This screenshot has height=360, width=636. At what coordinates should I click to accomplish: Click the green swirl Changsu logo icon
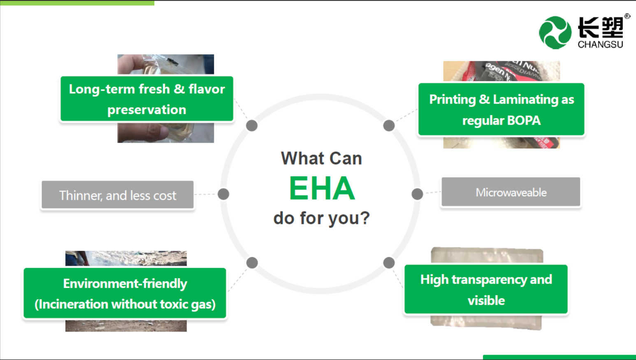point(555,33)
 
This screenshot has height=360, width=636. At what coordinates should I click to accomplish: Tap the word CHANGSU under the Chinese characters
point(600,44)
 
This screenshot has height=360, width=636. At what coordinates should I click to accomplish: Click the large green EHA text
point(322,188)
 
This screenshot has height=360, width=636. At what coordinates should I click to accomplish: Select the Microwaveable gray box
point(511,192)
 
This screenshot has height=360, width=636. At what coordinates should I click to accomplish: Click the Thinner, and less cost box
point(118,195)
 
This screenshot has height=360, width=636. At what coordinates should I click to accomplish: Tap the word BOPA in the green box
point(524,121)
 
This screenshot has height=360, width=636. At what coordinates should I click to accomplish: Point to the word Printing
point(452,100)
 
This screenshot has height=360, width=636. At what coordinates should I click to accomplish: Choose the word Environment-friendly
point(125,283)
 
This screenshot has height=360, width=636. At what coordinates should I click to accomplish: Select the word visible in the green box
point(486,300)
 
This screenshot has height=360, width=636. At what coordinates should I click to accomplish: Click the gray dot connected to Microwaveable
point(417,194)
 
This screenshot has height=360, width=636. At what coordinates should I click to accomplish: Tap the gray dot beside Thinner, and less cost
point(223,194)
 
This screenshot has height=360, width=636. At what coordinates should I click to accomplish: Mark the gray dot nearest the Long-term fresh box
point(252,125)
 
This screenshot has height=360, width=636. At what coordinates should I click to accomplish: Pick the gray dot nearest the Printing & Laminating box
point(389,125)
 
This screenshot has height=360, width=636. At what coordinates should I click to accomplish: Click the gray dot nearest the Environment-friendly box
point(252,262)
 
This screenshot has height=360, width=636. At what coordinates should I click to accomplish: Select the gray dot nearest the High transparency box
point(389,262)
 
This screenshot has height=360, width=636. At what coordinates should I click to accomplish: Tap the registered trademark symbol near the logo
point(627,16)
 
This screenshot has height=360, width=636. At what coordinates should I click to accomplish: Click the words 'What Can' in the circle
point(321,158)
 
